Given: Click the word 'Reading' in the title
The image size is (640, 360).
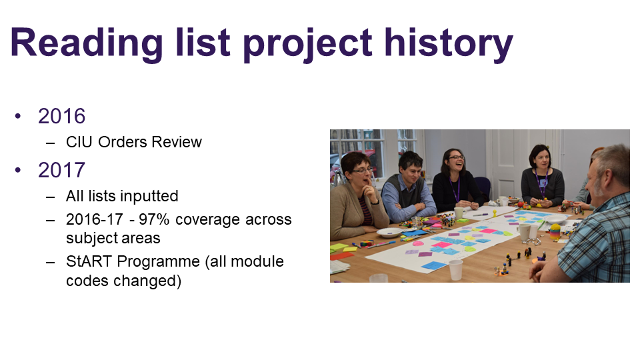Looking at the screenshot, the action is point(87,43).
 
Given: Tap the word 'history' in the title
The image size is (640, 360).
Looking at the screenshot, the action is point(449,43).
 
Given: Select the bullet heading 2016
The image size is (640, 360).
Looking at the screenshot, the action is point(61,116).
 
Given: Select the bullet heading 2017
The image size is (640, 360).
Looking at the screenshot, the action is point(61,170).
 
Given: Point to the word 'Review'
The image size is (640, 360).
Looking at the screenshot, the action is point(177,142).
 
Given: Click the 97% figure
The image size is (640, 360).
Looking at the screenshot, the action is point(154,219).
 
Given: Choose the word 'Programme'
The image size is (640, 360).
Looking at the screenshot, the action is point(159,262).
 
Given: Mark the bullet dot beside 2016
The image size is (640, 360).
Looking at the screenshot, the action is point(17,116).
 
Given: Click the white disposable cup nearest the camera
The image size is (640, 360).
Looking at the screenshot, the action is point(455,270).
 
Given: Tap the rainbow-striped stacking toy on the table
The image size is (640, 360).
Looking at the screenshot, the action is point(555,231).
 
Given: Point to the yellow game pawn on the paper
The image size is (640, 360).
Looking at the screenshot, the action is point(495,213).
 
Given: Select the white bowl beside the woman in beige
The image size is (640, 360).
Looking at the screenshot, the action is point(389,233).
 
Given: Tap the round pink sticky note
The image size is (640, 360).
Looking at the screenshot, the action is point(418,243).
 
